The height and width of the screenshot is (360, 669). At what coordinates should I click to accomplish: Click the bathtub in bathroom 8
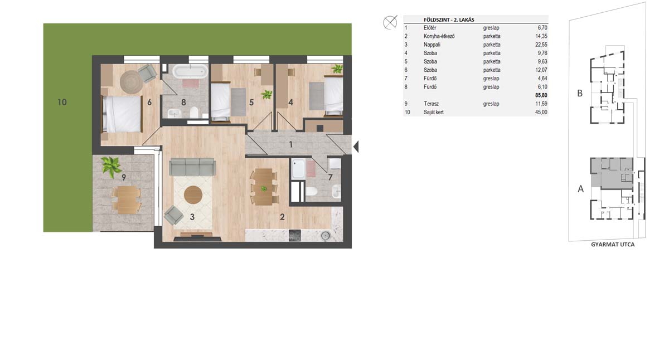coord(190,72)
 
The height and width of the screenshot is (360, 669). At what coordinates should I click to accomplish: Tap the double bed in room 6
coord(122,114)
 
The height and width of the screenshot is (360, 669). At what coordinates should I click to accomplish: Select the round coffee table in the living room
coord(193,195)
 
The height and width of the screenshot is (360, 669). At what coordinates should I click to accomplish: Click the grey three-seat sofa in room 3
coord(192,167)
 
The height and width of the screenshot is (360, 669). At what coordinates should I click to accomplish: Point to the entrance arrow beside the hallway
coord(356,147)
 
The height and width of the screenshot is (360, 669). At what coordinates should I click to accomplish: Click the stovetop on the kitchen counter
coord(295,236)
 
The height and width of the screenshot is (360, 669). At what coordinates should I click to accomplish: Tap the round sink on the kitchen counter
coord(326,236)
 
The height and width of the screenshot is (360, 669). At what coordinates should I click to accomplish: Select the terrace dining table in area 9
coord(127,200)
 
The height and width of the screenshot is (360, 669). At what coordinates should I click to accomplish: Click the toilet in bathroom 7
coord(311,191)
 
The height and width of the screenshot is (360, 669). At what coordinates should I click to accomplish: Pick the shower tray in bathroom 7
coord(298,169)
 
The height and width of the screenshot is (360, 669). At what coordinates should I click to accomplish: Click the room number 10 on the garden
coord(62,103)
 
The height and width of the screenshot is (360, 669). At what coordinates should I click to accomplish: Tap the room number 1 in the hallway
coord(291,145)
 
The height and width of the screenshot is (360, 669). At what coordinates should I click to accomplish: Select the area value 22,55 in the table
coord(541,45)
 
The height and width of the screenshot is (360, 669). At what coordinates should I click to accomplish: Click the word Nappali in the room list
coord(432,45)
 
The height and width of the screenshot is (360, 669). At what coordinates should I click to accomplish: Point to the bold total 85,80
coord(541,95)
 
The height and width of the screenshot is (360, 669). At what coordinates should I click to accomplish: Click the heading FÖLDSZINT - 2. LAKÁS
coord(449,20)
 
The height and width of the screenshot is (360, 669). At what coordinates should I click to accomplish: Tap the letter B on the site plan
coord(580,94)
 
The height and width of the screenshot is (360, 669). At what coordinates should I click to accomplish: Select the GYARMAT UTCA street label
coord(613,245)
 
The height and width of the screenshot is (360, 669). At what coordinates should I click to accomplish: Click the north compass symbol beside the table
coord(390,22)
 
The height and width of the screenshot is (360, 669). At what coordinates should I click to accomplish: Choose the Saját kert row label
coord(434,113)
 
